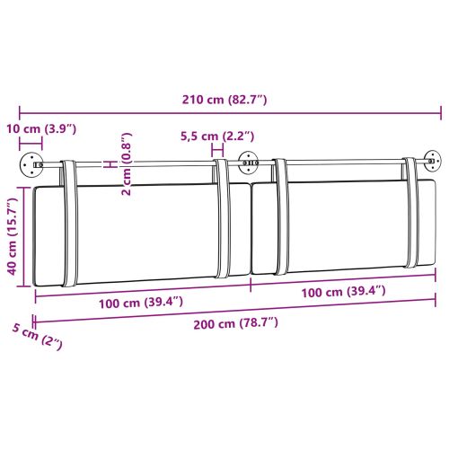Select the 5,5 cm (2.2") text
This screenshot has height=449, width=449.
pos(218,136)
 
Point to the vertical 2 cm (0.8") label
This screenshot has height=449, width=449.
pos(127,165)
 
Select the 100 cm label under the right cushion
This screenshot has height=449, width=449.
pos(344,291)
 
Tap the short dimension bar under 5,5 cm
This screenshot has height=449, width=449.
pos(218,149)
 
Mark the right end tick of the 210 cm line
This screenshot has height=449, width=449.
pos(441,113)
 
